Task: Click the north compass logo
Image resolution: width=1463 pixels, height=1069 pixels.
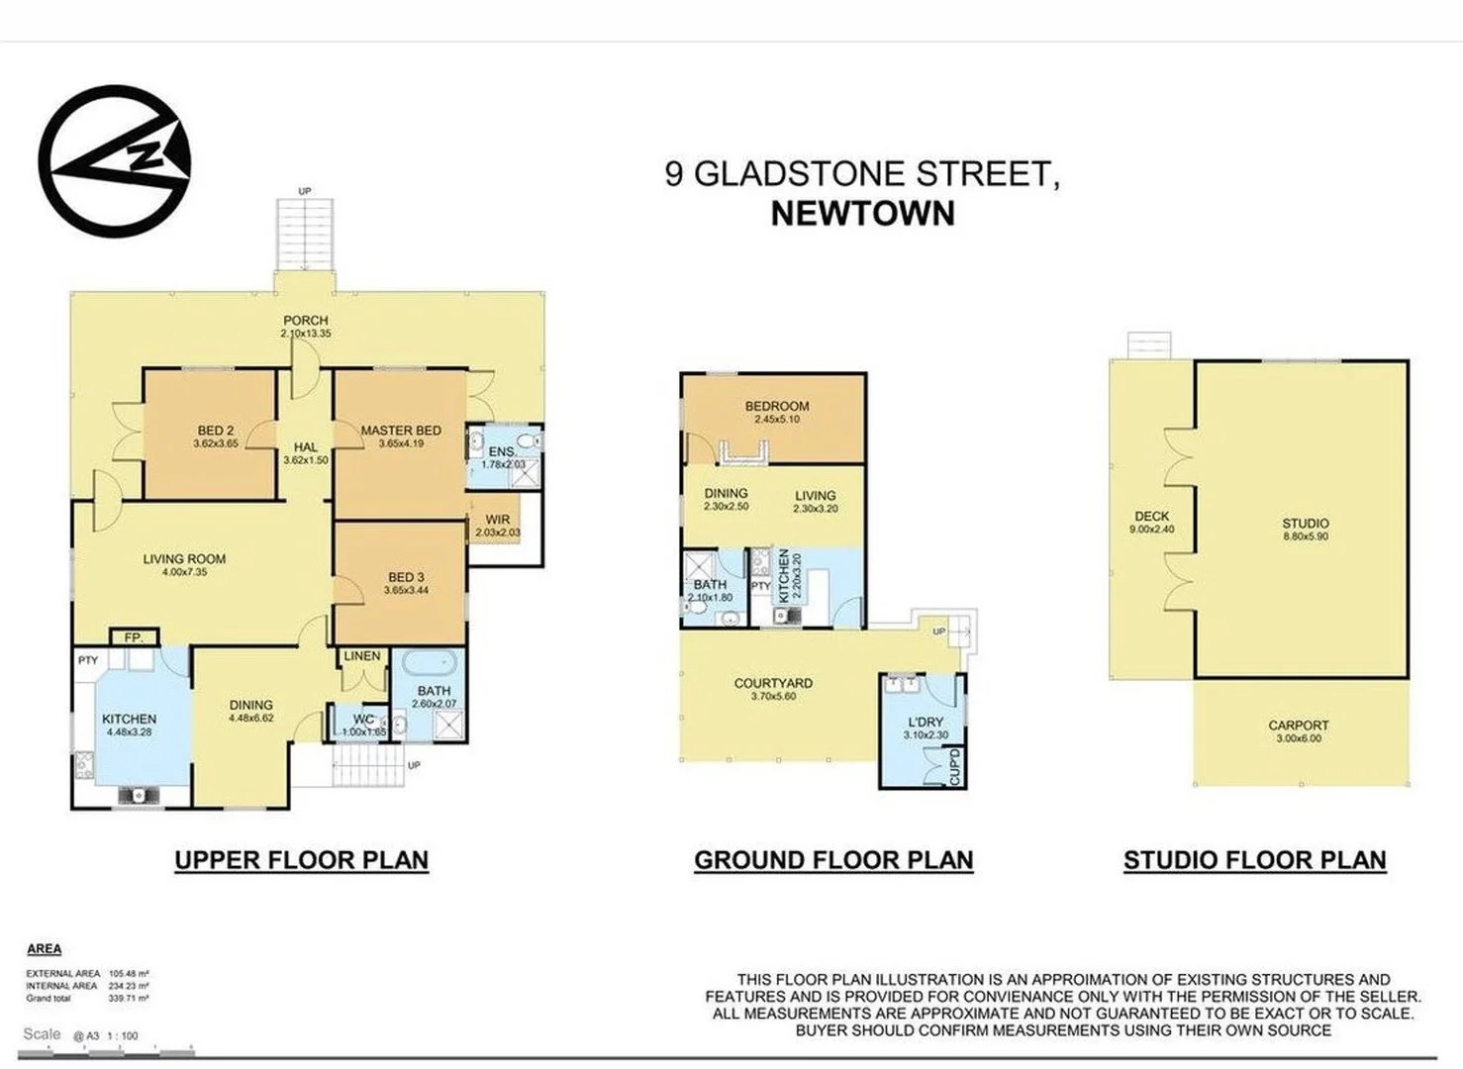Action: pos(114,160)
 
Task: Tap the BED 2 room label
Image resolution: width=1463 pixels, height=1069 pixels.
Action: pos(216,431)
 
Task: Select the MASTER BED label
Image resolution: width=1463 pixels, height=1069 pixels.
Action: pos(401,431)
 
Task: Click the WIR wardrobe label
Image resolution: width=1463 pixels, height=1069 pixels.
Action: pos(498,520)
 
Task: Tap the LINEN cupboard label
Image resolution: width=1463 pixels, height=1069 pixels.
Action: pos(362,655)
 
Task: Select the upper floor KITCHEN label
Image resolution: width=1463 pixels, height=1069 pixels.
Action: pos(129,719)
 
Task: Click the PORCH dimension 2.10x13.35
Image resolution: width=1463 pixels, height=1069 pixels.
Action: pos(305,335)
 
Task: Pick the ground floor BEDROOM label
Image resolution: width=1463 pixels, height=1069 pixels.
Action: pos(777,406)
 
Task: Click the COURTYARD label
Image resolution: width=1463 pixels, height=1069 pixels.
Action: pos(773,683)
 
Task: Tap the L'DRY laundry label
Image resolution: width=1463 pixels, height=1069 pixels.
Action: pos(926,722)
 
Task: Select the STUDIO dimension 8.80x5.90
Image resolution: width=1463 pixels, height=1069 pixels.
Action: pos(1306,536)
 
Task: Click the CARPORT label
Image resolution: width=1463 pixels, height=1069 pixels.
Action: pos(1299,725)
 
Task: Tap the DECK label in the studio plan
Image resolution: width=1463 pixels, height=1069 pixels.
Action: pos(1151,516)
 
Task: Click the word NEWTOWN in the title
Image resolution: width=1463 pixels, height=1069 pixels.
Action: pos(862,214)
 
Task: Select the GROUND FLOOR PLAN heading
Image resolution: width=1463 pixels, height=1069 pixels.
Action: pos(833,860)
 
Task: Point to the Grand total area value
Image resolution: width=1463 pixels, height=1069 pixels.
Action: pos(136,999)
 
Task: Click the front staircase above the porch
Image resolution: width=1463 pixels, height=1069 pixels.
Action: pos(305,234)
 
